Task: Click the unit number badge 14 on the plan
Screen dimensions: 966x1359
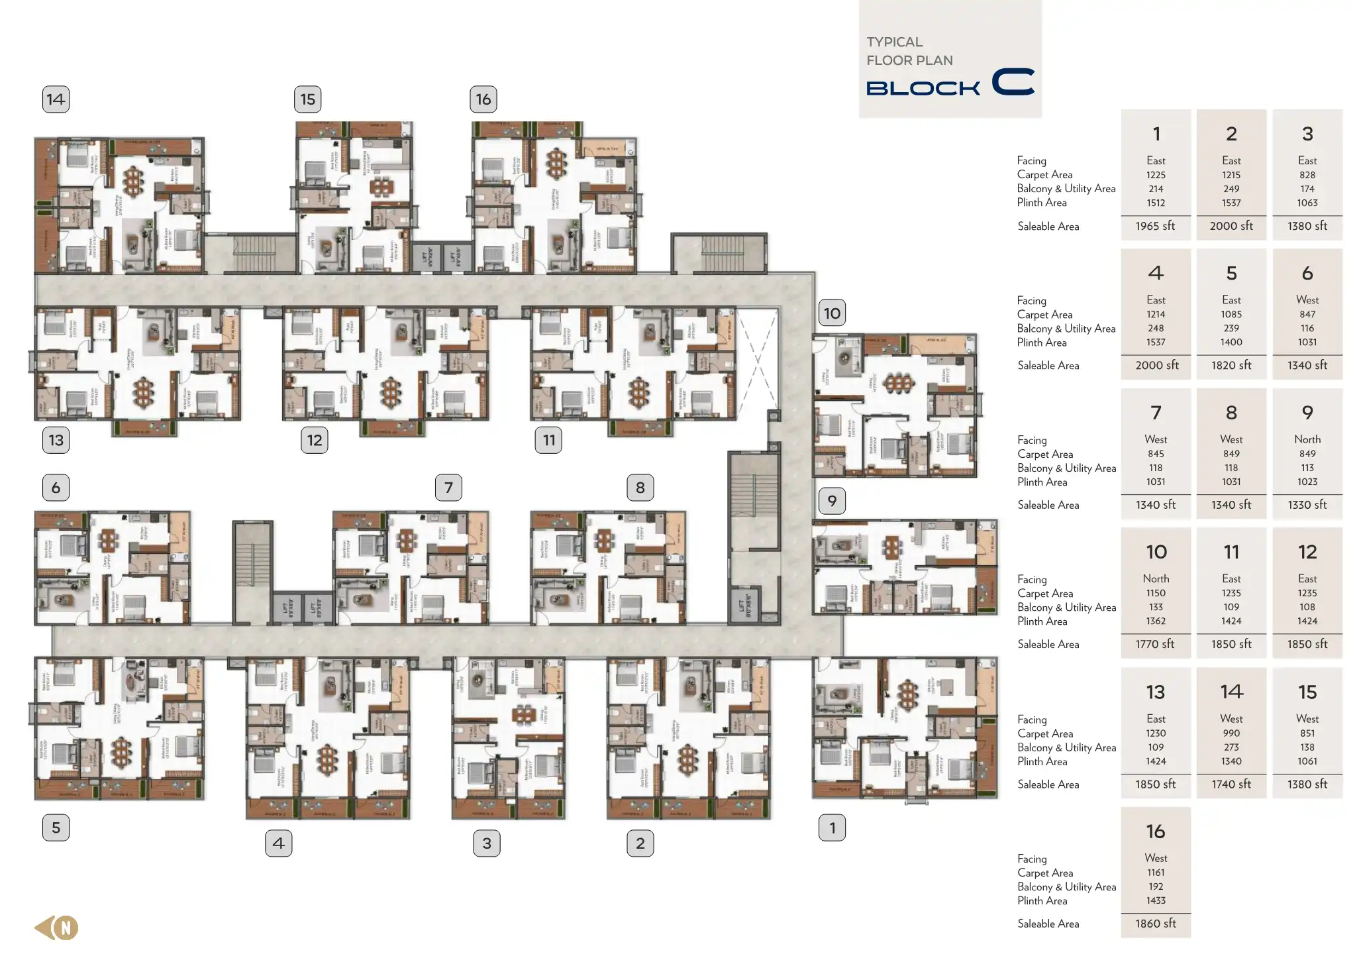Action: pos(56,99)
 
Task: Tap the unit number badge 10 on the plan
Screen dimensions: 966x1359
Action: pos(832,313)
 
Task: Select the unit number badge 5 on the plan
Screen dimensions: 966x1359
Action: pos(56,828)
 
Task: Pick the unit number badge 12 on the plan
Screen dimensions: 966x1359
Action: pos(314,440)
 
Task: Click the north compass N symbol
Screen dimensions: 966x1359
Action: pos(66,928)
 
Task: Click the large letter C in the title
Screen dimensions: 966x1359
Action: pos(1013,82)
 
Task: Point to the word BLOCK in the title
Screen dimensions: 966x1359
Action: pos(923,88)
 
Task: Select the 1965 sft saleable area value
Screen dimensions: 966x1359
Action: pos(1155,226)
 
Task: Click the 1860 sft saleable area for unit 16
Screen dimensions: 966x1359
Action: pos(1155,924)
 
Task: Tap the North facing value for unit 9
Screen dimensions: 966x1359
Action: pos(1307,439)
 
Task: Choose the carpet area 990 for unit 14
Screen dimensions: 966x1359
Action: pos(1231,733)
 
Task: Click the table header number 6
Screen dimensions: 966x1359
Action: pos(1307,273)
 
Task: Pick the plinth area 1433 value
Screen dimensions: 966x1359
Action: pos(1155,900)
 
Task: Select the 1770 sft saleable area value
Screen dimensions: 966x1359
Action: pos(1155,644)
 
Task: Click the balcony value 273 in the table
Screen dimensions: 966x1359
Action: pos(1231,747)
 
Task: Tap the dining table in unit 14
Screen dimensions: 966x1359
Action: pos(134,180)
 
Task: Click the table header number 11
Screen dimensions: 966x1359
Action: pos(1231,552)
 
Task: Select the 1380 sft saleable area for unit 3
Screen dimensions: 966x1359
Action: pos(1307,226)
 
